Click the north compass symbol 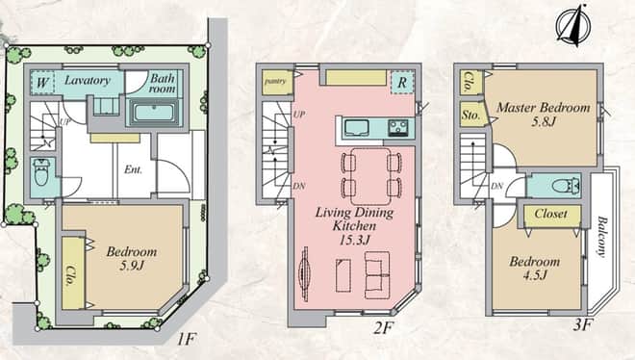tap(573, 26)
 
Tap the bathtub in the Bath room tap(154, 112)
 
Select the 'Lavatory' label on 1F tap(88, 80)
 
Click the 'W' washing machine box tap(42, 83)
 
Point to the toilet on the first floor tap(41, 172)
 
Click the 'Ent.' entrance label tap(133, 169)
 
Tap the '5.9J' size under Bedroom tap(131, 266)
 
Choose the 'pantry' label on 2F tap(275, 81)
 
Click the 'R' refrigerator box tap(402, 83)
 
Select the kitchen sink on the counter tap(356, 128)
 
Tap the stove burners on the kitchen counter tap(398, 128)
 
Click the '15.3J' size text tap(355, 240)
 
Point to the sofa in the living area tap(377, 275)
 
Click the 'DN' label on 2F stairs tap(299, 187)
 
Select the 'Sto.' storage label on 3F tap(470, 115)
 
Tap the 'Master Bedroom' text tap(543, 108)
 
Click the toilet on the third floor tap(566, 186)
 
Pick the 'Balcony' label tap(602, 237)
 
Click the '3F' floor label tap(583, 324)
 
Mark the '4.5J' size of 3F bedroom tap(535, 275)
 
